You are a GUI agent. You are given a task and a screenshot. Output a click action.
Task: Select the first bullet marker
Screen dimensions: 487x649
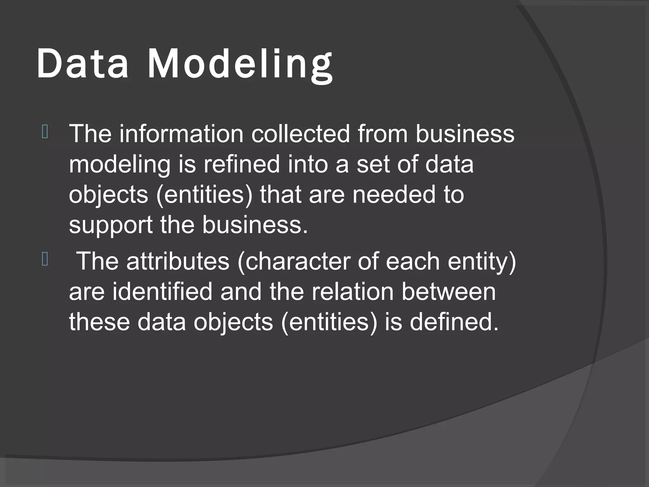pyautogui.click(x=45, y=132)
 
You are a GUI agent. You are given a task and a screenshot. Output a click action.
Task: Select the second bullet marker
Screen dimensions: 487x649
pyautogui.click(x=45, y=260)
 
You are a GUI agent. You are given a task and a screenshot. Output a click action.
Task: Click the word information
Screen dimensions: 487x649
pyautogui.click(x=181, y=133)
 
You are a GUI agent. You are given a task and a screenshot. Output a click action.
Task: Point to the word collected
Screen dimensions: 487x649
pyautogui.click(x=300, y=133)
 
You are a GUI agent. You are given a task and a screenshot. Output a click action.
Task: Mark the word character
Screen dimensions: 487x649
pyautogui.click(x=293, y=261)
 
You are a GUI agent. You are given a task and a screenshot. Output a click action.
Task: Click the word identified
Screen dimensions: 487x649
pyautogui.click(x=162, y=291)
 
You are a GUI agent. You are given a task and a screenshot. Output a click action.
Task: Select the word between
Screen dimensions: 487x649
pyautogui.click(x=448, y=291)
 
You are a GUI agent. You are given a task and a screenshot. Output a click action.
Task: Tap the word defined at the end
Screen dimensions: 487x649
pyautogui.click(x=454, y=321)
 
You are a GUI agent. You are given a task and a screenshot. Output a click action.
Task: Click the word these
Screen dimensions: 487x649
pyautogui.click(x=99, y=321)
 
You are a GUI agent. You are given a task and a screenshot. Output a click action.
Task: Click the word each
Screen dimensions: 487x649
pyautogui.click(x=413, y=261)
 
